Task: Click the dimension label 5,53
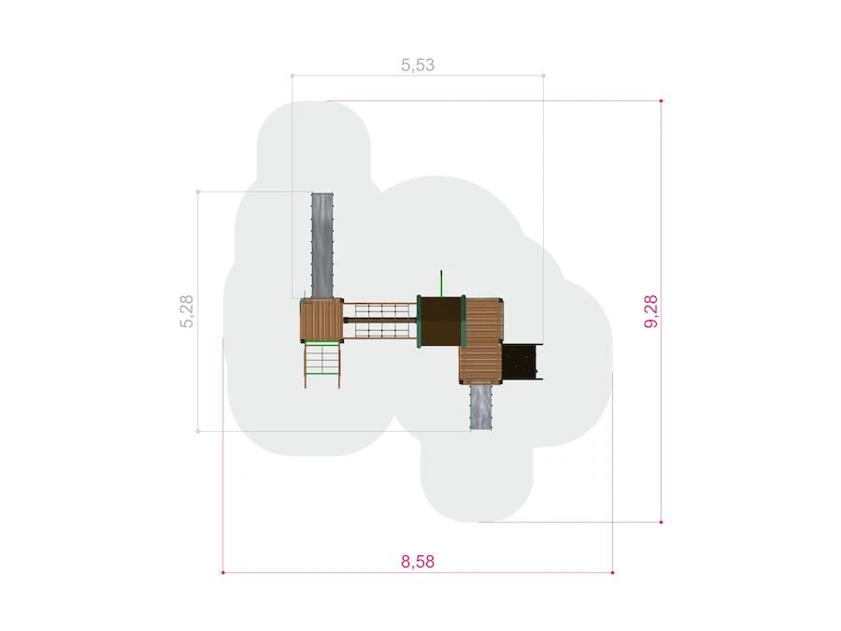click(418, 65)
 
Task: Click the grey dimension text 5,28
click(187, 311)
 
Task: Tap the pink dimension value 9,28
click(650, 311)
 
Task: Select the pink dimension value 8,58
click(418, 562)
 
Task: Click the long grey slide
click(322, 245)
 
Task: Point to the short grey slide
click(480, 407)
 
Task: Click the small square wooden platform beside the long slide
click(321, 320)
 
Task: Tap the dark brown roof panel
click(440, 322)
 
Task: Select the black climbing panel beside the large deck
click(520, 361)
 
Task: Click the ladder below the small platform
click(322, 365)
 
